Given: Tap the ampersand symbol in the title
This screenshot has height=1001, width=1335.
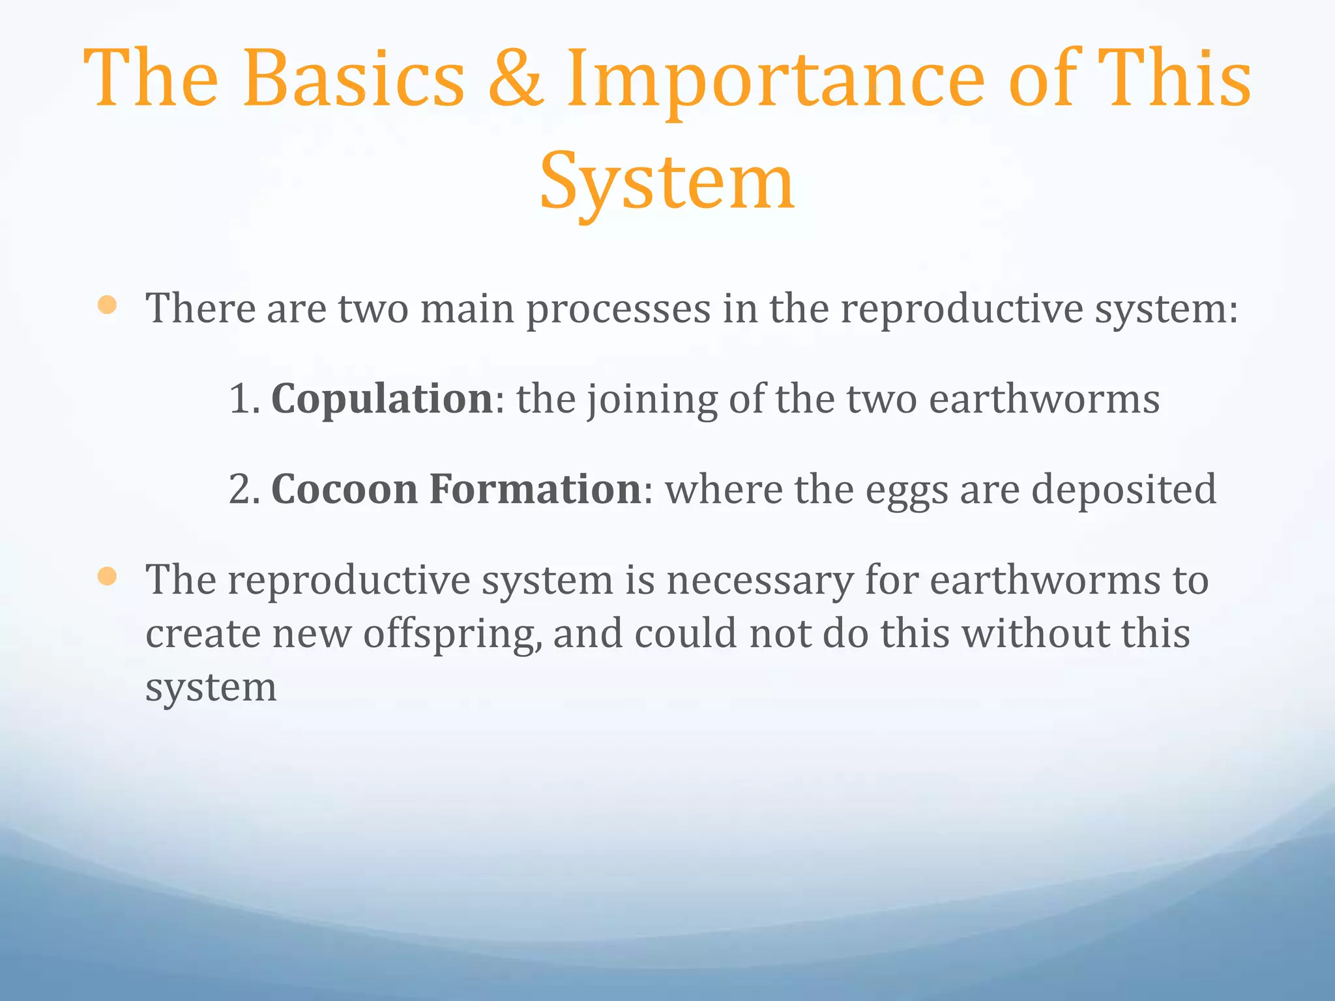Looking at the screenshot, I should tap(515, 78).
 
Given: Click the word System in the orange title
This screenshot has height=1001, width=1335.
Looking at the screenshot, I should tap(667, 182).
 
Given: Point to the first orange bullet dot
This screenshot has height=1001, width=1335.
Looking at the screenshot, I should tap(107, 305).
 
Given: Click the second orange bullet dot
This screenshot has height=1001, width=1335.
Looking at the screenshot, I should tap(107, 576).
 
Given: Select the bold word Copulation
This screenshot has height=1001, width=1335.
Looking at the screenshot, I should tap(382, 399).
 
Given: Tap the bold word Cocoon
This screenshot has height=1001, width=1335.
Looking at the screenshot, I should tap(344, 489).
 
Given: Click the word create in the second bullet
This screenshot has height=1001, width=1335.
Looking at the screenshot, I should tap(203, 634).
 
